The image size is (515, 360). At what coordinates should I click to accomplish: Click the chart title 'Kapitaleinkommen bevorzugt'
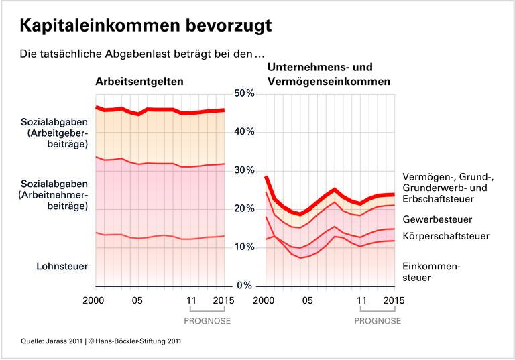146,25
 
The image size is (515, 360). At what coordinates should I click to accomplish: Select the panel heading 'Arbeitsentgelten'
139,82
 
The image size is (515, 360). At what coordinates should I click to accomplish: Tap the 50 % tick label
243,93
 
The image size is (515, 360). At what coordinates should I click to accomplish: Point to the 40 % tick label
243,132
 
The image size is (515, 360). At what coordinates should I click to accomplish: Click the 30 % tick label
243,170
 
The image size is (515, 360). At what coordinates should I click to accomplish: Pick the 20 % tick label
243,209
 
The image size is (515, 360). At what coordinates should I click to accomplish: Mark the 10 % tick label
243,247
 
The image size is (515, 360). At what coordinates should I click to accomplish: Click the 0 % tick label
245,286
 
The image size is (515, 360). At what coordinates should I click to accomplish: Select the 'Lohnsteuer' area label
62,267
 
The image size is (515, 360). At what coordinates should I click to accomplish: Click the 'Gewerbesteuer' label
437,219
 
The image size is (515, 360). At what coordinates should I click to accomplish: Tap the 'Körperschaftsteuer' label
445,236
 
